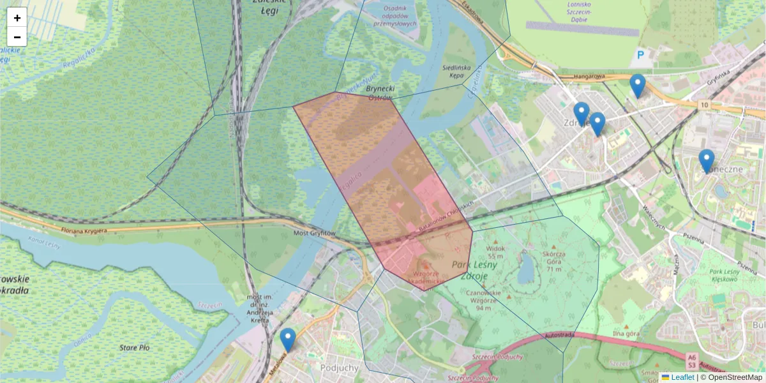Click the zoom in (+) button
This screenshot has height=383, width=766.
click(17, 17)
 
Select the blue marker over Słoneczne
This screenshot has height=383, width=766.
click(706, 161)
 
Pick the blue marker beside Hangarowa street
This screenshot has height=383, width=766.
click(637, 86)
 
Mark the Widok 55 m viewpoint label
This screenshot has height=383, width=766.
click(495, 252)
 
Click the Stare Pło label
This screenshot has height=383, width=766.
click(135, 348)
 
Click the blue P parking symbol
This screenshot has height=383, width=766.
click(640, 56)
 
